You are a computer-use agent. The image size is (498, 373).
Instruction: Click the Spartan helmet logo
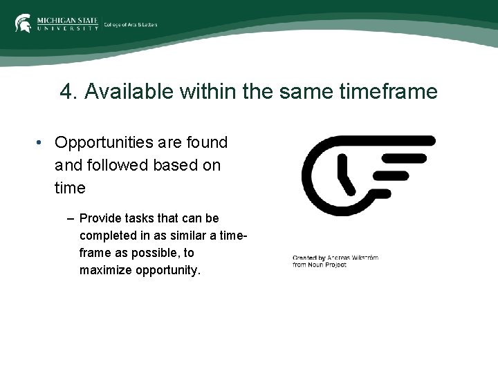pyautogui.click(x=23, y=23)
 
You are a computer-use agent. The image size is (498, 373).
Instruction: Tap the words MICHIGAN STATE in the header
pyautogui.click(x=68, y=20)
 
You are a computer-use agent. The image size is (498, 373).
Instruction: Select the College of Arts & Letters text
pyautogui.click(x=131, y=25)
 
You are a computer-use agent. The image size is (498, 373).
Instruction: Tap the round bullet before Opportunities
pyautogui.click(x=41, y=143)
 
